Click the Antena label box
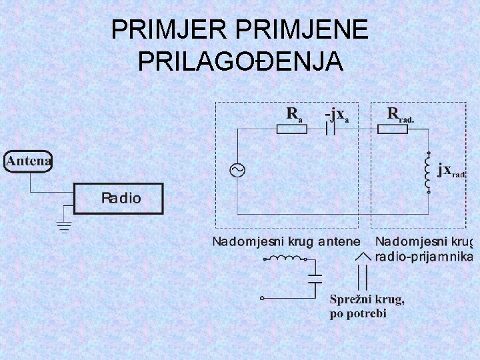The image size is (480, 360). click(x=29, y=161)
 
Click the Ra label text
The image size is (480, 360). click(x=294, y=113)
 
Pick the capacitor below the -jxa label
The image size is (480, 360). click(x=331, y=129)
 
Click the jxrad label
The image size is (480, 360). click(x=452, y=170)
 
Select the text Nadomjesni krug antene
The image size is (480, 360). click(x=286, y=241)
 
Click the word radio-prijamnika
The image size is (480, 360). click(x=424, y=257)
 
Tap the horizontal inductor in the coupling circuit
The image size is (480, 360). click(x=285, y=259)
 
